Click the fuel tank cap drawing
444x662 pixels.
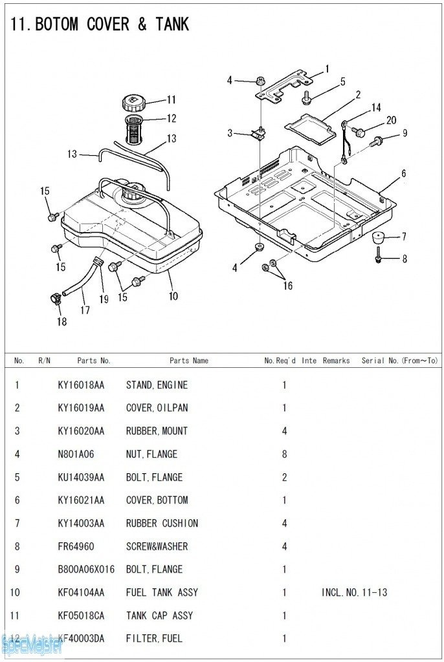tap(133, 102)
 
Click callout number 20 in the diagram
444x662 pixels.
tap(391, 120)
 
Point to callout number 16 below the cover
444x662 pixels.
tap(287, 286)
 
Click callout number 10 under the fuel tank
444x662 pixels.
tap(173, 296)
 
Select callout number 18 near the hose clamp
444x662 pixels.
tap(61, 321)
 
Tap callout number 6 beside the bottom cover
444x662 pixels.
tap(403, 173)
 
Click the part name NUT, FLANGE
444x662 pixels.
tap(151, 454)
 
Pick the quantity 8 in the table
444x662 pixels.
tap(284, 454)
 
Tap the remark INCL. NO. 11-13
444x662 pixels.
tap(354, 592)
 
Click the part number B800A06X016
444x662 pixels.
tap(86, 570)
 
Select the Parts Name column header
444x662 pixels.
tap(189, 361)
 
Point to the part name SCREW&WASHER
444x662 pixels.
tap(157, 546)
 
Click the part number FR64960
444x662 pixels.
tap(76, 546)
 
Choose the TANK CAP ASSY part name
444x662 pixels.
tap(159, 615)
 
